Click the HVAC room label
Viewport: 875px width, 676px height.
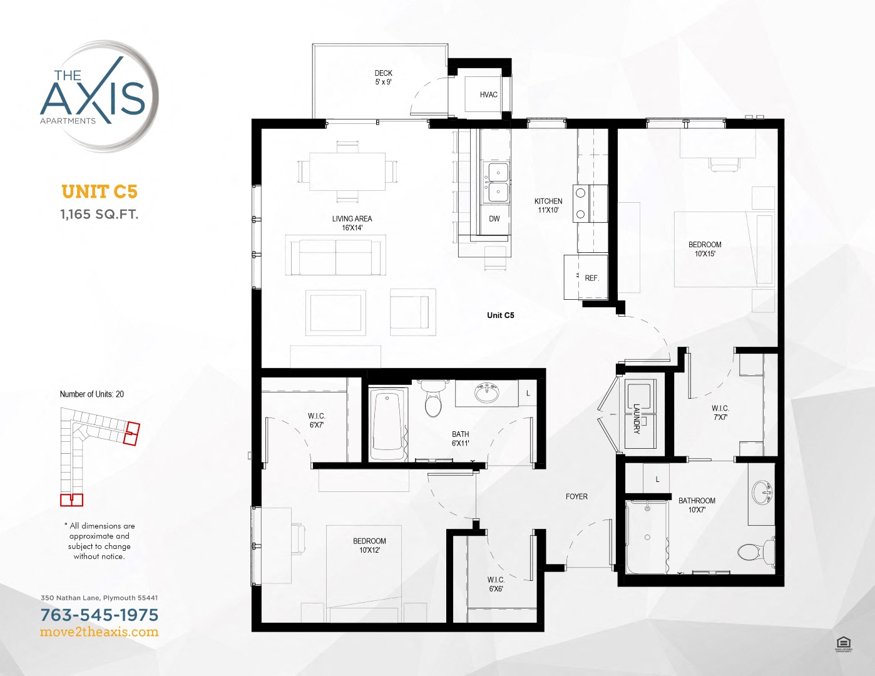488,95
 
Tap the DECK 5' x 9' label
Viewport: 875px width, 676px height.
383,78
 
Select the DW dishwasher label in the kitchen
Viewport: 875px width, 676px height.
494,219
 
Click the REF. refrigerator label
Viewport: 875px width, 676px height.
591,278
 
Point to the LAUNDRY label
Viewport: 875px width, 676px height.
637,418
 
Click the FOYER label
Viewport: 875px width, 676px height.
576,496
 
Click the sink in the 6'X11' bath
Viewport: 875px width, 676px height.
487,394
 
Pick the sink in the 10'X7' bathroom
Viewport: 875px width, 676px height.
762,492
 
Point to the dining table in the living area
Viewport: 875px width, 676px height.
347,172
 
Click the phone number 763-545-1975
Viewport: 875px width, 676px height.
100,615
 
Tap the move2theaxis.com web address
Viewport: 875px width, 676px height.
100,632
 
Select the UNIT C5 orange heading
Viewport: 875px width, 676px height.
100,192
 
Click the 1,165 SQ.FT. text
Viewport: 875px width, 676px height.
100,214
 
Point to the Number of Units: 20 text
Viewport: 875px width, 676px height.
92,394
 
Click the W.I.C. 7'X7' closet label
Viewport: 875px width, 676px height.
720,412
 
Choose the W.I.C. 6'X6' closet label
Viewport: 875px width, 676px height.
496,584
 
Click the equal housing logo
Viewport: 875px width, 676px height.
843,643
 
